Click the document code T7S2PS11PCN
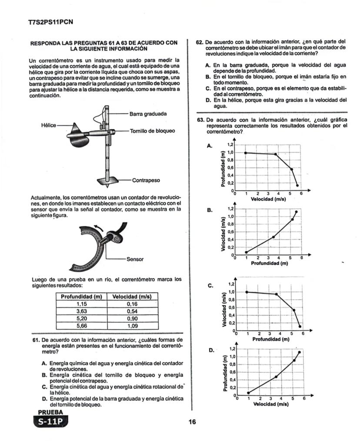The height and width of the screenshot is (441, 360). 48,22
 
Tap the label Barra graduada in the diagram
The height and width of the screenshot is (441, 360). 148,114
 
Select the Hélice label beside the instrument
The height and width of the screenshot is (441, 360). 49,125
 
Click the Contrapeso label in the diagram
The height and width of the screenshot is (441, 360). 146,180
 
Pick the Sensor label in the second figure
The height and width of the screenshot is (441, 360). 135,259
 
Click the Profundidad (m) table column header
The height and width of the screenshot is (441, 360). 81,297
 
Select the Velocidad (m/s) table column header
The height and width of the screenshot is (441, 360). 132,297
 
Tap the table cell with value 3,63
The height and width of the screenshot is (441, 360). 82,311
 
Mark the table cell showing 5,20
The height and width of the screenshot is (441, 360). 82,318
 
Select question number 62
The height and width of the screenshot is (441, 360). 200,42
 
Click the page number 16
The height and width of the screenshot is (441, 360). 192,421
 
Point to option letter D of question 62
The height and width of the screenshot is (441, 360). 208,100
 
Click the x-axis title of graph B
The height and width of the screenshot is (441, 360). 270,263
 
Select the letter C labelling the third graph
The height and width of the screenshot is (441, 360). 210,286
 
